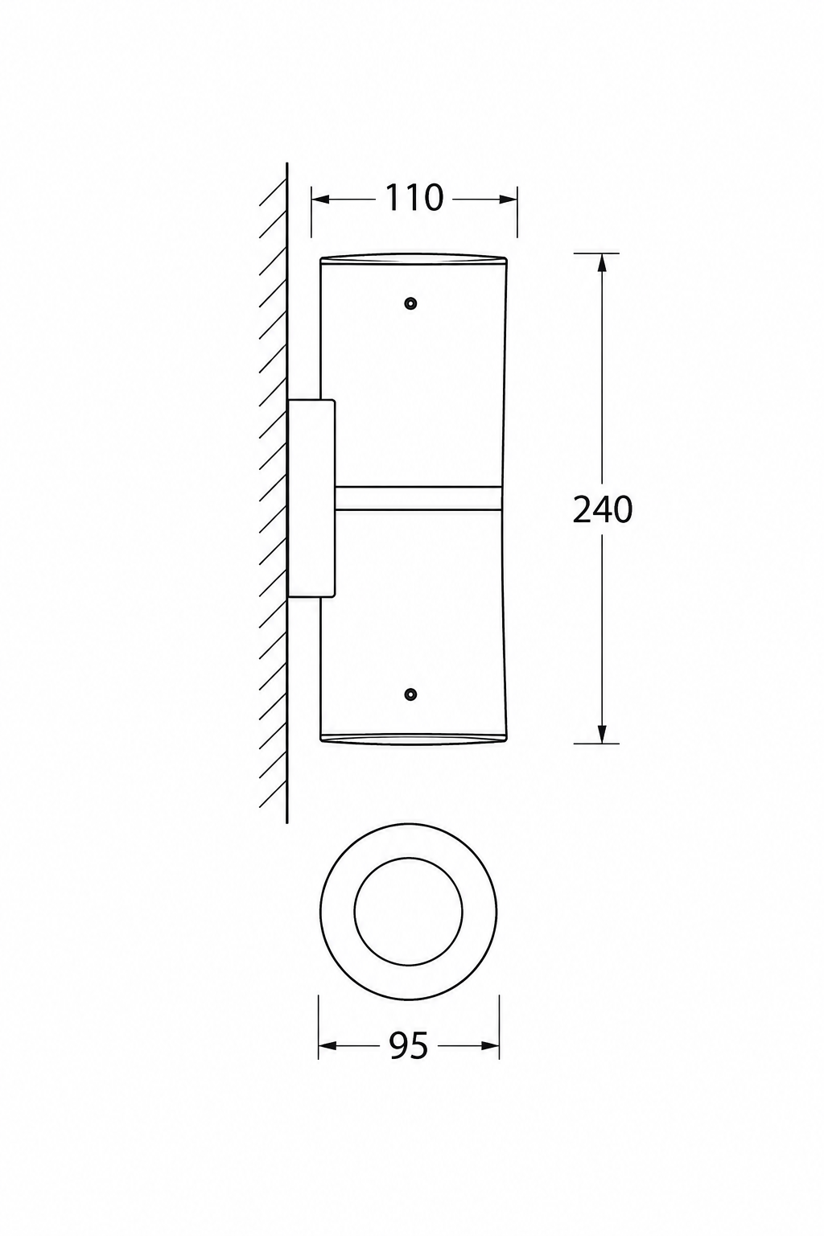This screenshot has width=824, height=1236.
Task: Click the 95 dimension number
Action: (x=409, y=1045)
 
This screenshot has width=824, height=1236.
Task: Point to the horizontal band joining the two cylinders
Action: (x=419, y=498)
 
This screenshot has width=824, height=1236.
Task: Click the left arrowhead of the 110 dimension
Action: (x=320, y=200)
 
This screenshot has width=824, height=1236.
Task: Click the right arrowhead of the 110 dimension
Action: (x=509, y=200)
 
